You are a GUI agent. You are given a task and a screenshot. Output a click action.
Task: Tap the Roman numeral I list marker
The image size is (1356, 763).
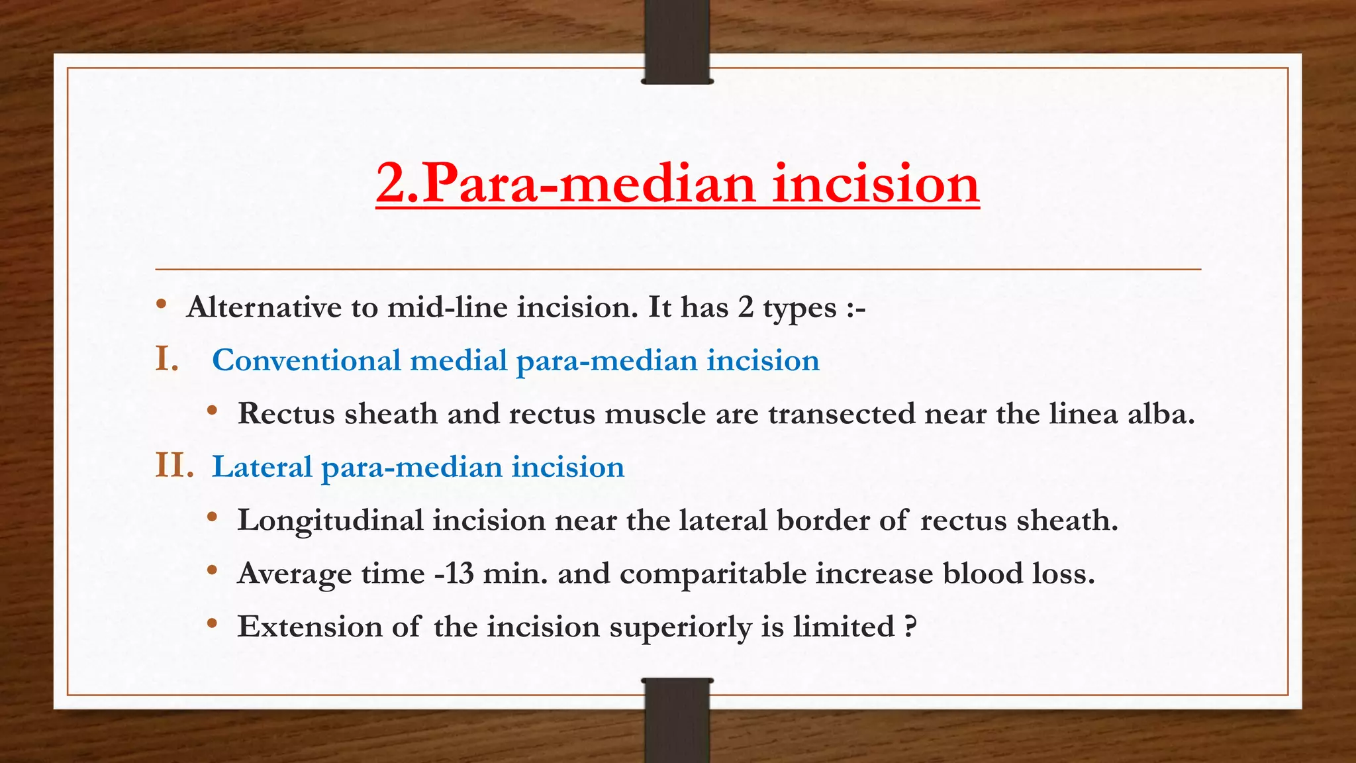167,360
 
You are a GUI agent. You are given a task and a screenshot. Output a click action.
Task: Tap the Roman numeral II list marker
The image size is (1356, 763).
174,466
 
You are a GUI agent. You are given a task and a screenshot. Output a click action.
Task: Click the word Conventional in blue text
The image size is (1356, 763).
306,361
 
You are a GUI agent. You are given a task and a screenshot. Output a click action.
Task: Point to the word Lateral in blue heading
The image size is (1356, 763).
262,467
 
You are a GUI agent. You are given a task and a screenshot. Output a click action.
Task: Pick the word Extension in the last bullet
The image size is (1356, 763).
310,627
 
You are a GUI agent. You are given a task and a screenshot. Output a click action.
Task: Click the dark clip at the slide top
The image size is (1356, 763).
677,42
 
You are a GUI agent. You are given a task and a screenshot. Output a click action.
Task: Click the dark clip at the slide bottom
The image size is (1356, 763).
677,720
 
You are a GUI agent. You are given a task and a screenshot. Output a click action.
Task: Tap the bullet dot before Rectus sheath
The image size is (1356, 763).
212,411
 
